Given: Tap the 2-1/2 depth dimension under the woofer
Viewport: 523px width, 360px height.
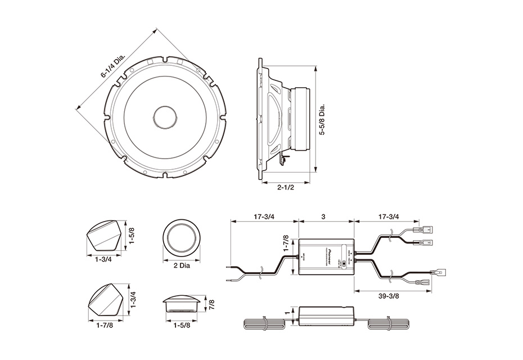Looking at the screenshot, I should coord(286,188).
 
